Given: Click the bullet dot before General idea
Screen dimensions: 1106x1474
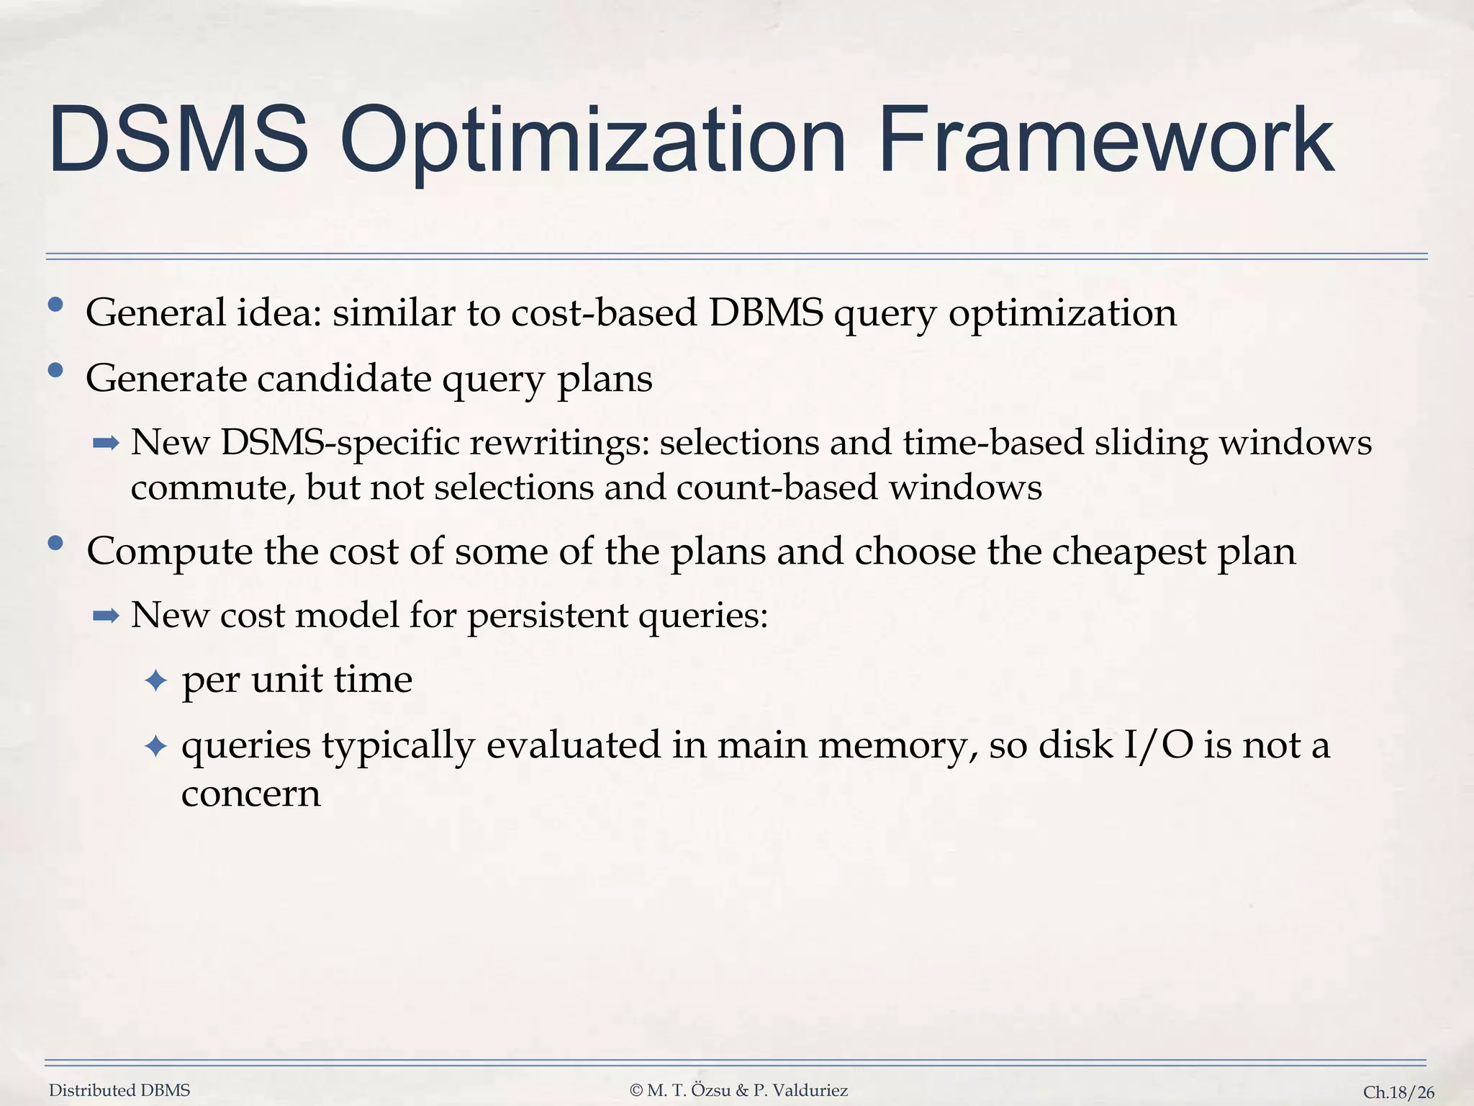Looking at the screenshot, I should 55,305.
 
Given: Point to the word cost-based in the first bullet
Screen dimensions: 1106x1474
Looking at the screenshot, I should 605,313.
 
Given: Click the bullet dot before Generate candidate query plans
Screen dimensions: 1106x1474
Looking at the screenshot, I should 55,371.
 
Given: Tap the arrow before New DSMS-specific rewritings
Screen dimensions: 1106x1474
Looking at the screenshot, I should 106,443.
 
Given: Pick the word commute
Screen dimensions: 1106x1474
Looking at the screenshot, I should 212,487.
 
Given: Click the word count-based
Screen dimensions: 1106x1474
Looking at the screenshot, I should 777,487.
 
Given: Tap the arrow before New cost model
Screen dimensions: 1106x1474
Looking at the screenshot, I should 106,616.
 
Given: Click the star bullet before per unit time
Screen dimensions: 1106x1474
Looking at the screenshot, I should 156,680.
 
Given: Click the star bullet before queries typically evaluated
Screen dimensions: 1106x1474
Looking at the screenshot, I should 156,746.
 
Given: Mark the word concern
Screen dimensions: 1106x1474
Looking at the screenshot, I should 250,793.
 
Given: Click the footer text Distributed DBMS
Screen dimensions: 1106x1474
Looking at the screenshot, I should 119,1090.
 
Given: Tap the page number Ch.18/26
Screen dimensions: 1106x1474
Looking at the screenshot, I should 1398,1092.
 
